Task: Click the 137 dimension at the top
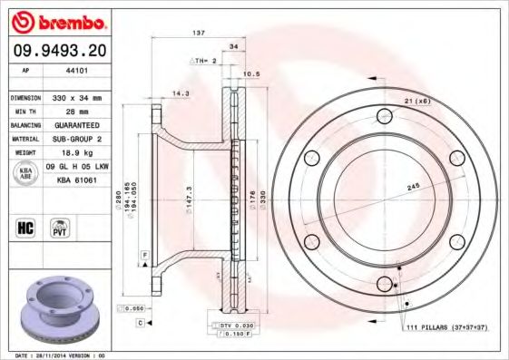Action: pos(199,33)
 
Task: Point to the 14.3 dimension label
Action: pos(181,92)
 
